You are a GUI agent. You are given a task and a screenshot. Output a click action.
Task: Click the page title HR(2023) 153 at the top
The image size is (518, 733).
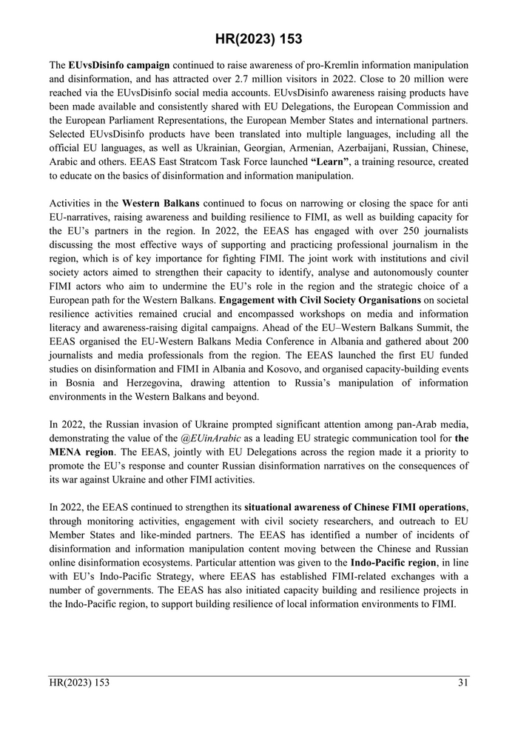pos(259,39)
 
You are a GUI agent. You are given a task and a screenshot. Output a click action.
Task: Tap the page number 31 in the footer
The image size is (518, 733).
pos(463,683)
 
